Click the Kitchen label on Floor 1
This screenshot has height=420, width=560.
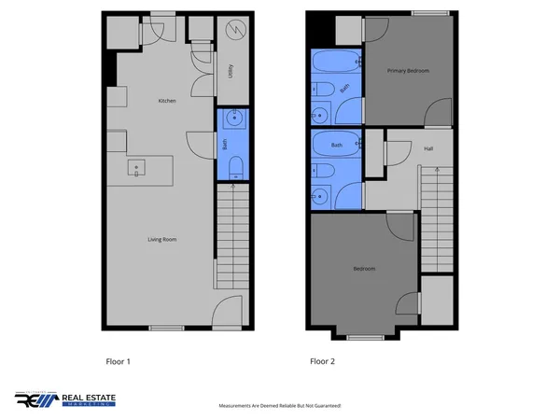point(167,101)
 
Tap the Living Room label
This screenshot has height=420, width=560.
point(162,240)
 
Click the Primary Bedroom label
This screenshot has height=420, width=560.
point(408,71)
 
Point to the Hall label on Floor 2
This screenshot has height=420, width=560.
point(427,148)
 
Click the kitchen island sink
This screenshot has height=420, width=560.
point(137,168)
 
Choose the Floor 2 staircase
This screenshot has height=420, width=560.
point(436,219)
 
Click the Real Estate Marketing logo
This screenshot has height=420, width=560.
point(65,399)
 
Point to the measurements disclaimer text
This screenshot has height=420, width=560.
point(279,406)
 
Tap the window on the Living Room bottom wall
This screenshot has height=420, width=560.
point(166,328)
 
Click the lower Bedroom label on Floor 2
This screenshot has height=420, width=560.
point(364,269)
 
